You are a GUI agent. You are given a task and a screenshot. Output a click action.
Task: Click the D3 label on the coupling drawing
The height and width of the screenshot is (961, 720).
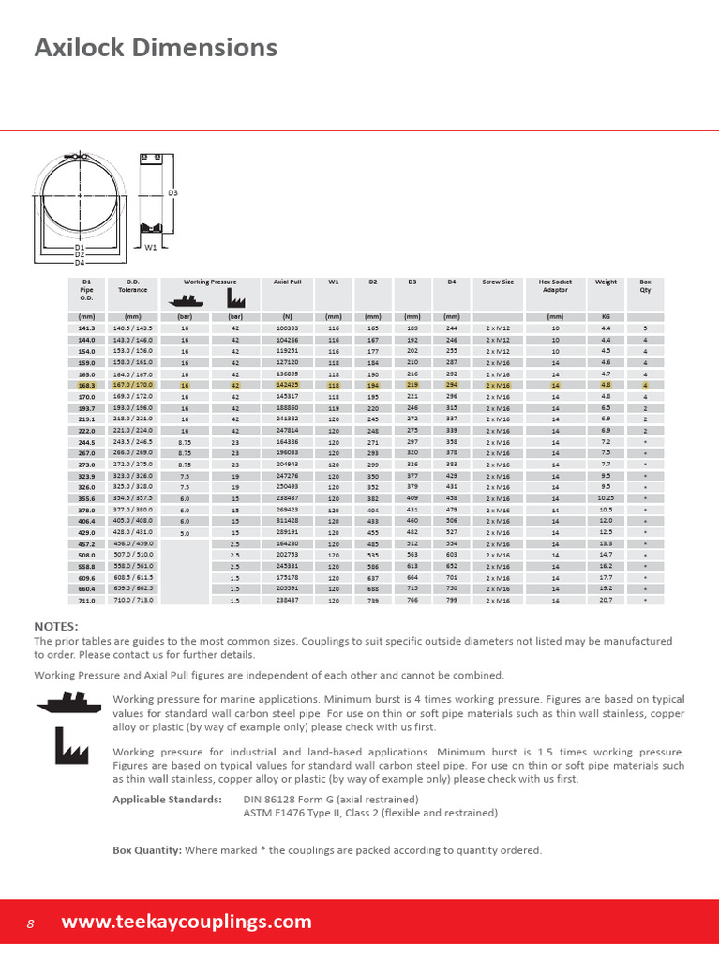click(x=173, y=193)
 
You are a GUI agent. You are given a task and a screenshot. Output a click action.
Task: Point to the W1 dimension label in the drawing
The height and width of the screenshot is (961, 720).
click(x=150, y=247)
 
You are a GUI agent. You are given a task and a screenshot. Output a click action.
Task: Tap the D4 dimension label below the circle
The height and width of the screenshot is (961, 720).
click(x=80, y=263)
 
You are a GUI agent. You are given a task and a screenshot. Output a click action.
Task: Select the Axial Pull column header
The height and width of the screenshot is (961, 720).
click(x=286, y=282)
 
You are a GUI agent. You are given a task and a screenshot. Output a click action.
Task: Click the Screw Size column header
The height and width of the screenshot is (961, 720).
click(x=498, y=282)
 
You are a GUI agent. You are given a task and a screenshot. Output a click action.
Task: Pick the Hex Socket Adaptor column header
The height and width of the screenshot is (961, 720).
click(x=555, y=285)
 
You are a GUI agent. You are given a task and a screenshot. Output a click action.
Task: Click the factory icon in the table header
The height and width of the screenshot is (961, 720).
click(x=234, y=300)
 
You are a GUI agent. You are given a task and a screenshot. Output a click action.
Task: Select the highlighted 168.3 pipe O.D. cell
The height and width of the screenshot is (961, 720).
click(x=86, y=385)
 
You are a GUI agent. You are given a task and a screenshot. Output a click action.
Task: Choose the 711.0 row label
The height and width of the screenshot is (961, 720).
click(x=86, y=600)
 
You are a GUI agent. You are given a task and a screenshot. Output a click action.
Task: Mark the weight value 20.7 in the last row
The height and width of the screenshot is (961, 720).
click(x=606, y=600)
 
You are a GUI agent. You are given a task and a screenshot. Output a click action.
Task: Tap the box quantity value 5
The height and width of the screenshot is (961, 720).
click(x=645, y=328)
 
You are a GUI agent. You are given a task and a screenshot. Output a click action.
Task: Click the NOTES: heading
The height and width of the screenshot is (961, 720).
click(x=56, y=626)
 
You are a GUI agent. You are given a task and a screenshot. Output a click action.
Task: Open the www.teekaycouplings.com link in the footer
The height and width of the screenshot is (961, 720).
click(x=187, y=922)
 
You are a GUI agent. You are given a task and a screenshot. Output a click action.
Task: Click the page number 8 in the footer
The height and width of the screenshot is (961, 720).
click(x=30, y=923)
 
